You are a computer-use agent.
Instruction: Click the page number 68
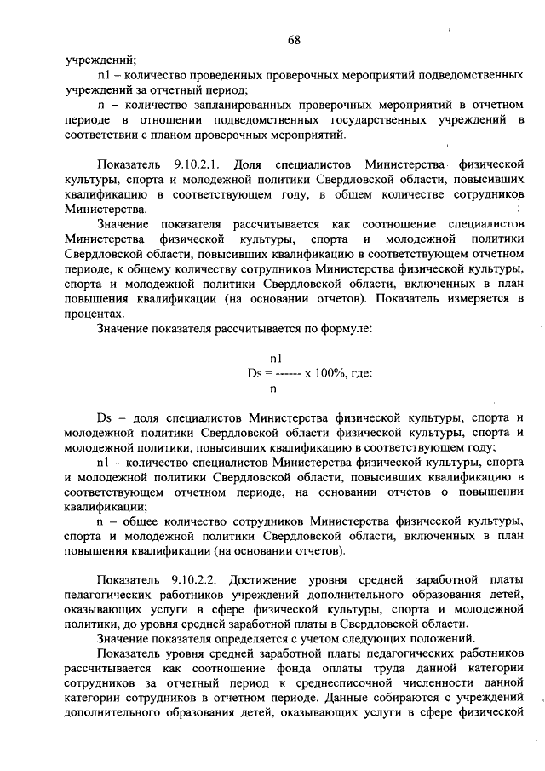click(295, 41)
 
